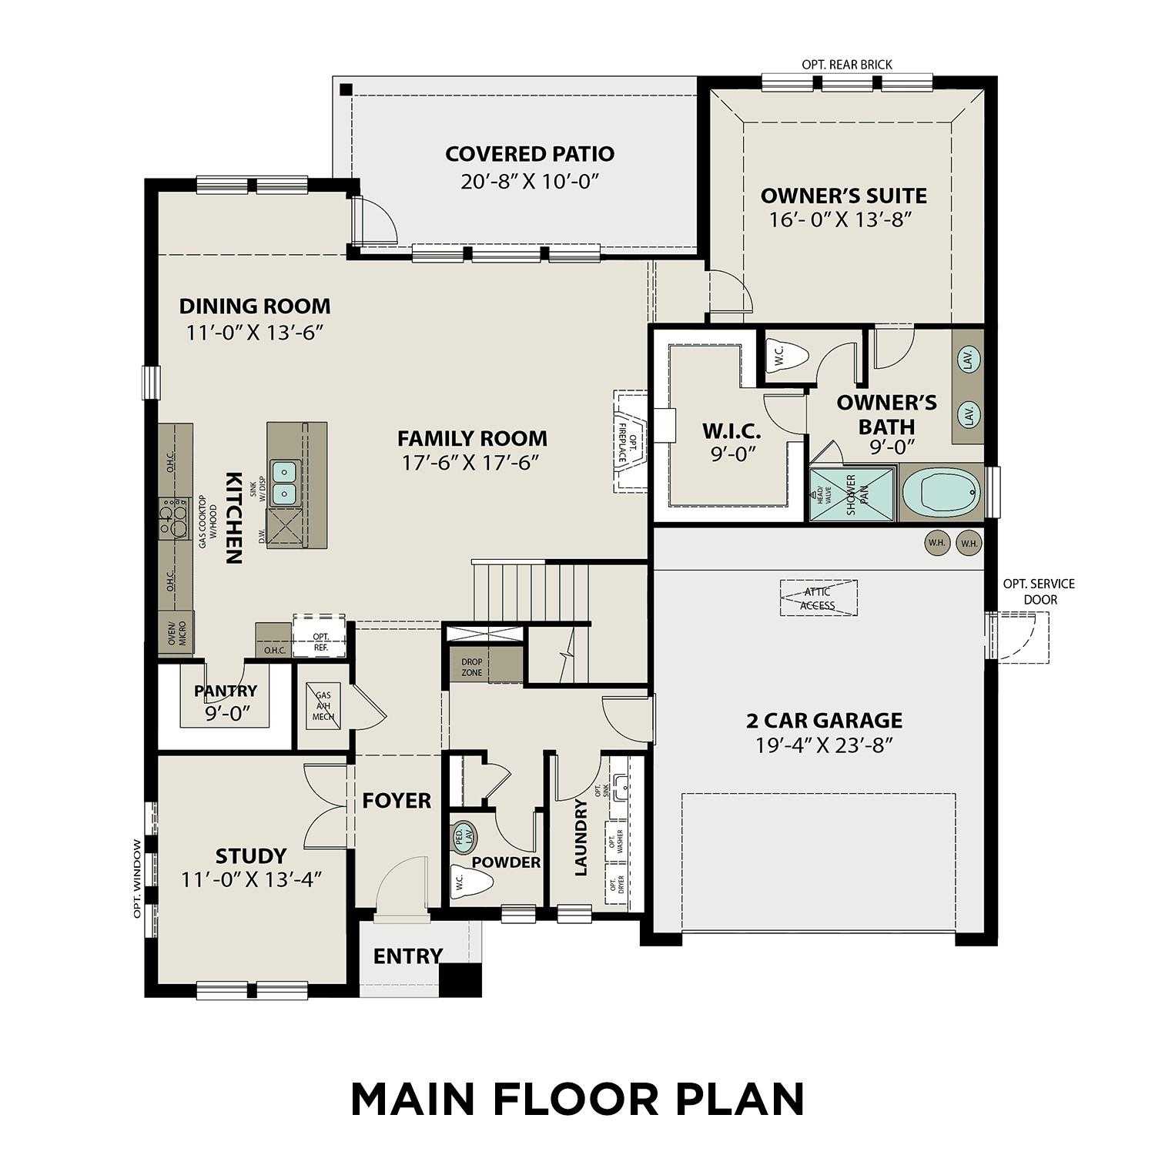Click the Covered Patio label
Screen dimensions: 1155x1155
click(x=530, y=154)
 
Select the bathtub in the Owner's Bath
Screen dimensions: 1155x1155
click(x=941, y=494)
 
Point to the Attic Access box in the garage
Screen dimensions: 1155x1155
click(x=819, y=598)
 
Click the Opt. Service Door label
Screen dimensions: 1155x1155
click(x=1038, y=591)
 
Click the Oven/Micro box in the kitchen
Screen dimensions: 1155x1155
click(x=176, y=633)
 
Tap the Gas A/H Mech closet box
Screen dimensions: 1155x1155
click(x=323, y=705)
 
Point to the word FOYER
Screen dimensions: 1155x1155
click(x=397, y=801)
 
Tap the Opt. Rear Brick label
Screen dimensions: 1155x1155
click(x=847, y=65)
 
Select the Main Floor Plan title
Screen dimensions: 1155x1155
click(x=577, y=1099)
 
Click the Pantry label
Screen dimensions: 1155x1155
click(x=225, y=691)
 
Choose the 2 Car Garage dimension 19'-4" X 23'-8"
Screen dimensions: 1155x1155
click(x=824, y=745)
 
